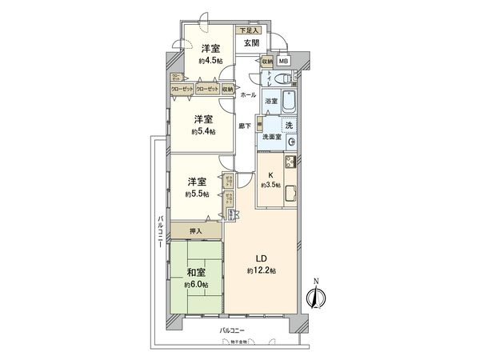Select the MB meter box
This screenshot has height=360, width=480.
(x=284, y=61)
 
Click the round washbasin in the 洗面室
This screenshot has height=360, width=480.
(x=291, y=142)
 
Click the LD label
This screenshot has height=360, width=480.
(x=261, y=258)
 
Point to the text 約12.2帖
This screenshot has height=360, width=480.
(x=261, y=271)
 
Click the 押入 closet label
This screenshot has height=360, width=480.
(x=195, y=231)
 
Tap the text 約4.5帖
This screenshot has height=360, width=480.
(x=211, y=60)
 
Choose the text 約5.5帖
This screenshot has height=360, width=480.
(x=197, y=194)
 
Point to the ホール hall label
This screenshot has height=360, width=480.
(x=248, y=94)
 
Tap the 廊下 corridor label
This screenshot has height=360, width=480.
(x=246, y=125)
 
